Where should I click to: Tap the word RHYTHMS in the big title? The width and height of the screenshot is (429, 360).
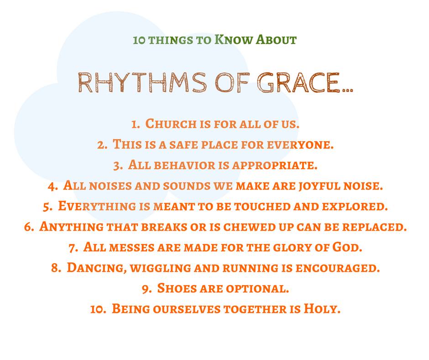pyautogui.click(x=142, y=83)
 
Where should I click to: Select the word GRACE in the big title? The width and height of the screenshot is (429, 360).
pyautogui.click(x=298, y=83)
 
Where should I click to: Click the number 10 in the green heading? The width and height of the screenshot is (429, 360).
pyautogui.click(x=138, y=40)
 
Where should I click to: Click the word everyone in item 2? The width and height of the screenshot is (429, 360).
pyautogui.click(x=300, y=144)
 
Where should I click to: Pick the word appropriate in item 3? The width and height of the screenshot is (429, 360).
pyautogui.click(x=275, y=165)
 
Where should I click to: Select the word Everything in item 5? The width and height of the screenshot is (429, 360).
pyautogui.click(x=97, y=206)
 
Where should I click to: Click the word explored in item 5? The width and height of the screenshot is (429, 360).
pyautogui.click(x=355, y=206)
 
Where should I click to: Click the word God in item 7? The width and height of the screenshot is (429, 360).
pyautogui.click(x=347, y=247)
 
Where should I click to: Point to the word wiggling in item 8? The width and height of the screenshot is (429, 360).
pyautogui.click(x=161, y=268)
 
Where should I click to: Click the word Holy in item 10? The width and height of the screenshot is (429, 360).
pyautogui.click(x=322, y=309)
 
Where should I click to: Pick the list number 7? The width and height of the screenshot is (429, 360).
pyautogui.click(x=73, y=248)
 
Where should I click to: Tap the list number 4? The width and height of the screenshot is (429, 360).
pyautogui.click(x=52, y=186)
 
